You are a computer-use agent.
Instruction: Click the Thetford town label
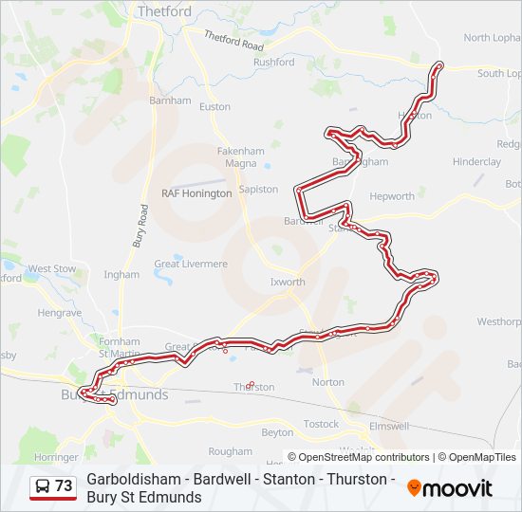tap(164, 11)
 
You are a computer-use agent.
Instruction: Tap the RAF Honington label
tap(196, 193)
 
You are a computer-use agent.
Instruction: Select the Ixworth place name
tap(288, 283)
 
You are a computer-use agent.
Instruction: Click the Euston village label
tap(214, 106)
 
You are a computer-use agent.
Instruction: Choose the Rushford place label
tap(273, 63)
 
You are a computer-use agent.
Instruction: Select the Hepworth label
tap(392, 197)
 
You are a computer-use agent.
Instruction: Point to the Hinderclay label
tap(476, 162)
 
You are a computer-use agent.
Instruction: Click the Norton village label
tap(328, 382)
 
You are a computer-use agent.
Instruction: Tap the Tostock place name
tap(321, 424)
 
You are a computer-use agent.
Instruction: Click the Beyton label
tap(277, 432)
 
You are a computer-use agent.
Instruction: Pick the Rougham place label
tap(231, 451)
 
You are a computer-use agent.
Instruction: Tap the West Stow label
tap(51, 269)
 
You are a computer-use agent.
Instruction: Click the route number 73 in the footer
tap(64, 486)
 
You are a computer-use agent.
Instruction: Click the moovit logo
tap(450, 488)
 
